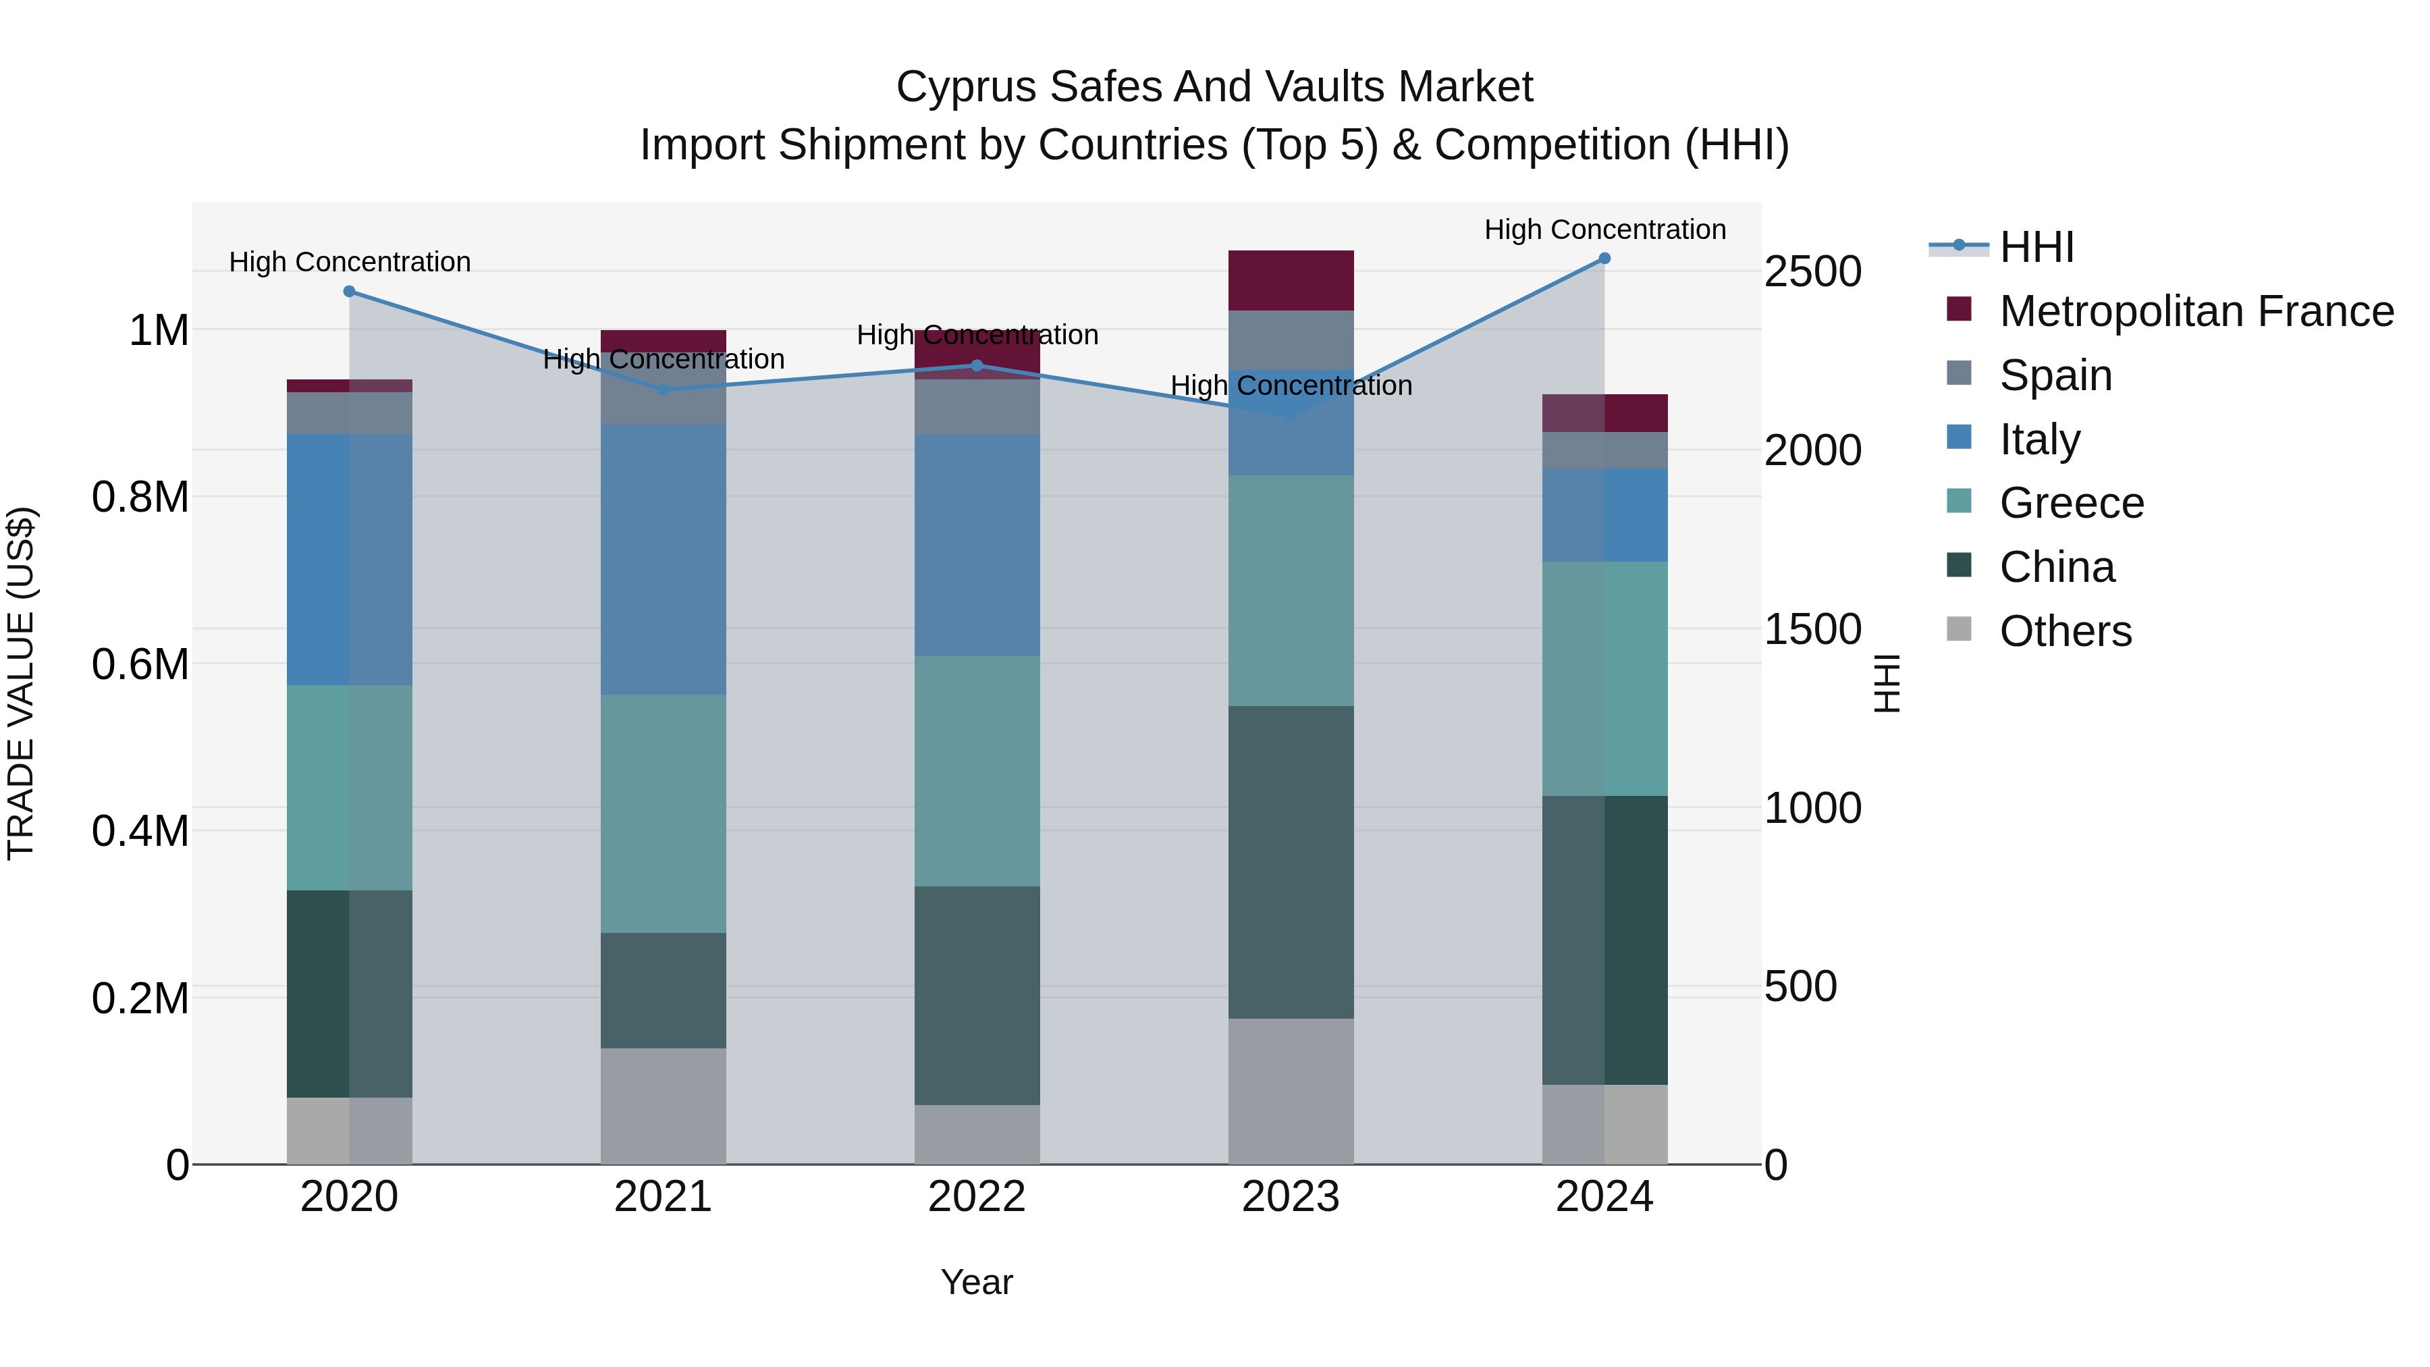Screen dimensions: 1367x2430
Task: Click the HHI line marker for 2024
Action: [x=1604, y=259]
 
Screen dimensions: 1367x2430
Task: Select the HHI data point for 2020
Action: [x=349, y=292]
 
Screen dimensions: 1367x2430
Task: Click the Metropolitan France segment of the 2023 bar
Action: [x=1291, y=280]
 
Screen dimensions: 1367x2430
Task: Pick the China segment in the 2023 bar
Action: [x=1291, y=861]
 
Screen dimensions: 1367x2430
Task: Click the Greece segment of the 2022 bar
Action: [x=977, y=771]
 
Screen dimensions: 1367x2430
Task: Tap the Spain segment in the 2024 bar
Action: [x=1604, y=450]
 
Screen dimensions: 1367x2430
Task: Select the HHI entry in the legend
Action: [x=2036, y=247]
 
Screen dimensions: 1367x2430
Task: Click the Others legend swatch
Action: [x=1960, y=629]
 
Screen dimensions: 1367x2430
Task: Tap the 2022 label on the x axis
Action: [x=977, y=1197]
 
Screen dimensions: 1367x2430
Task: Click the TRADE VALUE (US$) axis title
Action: [x=21, y=683]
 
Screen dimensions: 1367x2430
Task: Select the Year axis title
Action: [x=977, y=1282]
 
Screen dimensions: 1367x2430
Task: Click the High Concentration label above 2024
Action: [x=1604, y=230]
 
